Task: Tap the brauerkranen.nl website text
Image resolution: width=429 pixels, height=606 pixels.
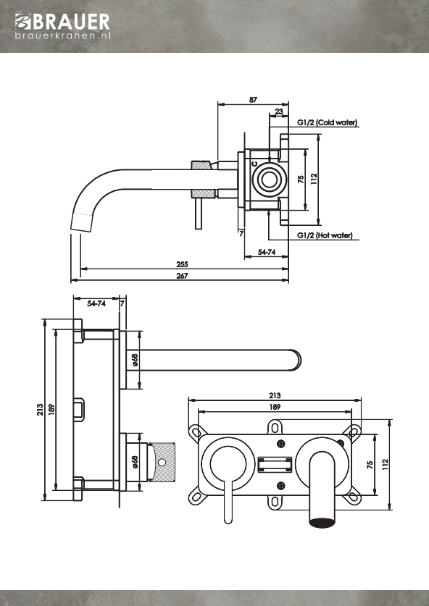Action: coord(63,35)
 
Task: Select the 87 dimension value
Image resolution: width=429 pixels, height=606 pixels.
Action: coord(253,100)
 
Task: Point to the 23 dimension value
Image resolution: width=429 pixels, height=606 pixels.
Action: coord(279,111)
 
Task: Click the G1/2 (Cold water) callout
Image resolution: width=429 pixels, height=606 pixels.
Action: coord(328,122)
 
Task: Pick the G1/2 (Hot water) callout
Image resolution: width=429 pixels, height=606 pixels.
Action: coord(325,235)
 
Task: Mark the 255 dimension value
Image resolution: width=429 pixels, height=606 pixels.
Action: coord(182,264)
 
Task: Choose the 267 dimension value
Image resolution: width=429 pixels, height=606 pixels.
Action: coord(182,276)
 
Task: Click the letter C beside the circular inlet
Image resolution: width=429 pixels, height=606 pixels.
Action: coord(254,164)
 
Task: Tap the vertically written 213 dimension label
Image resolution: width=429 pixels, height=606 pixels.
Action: coord(40,410)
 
